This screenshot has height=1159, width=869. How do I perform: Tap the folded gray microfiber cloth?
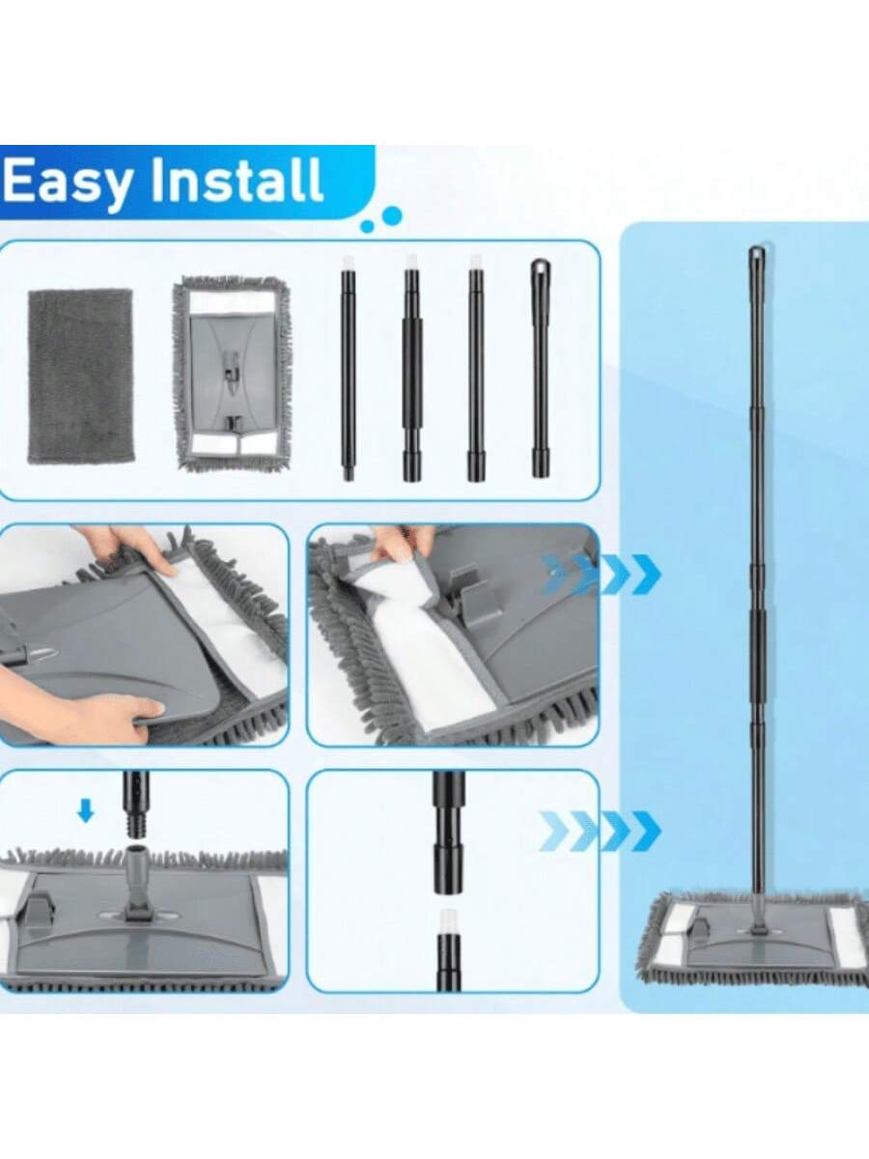[80, 376]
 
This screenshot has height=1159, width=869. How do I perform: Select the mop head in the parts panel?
[231, 374]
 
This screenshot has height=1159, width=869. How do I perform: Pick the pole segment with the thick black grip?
[411, 369]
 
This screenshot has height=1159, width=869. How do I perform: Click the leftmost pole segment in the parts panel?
[348, 369]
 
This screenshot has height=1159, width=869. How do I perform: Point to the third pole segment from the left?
[476, 369]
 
